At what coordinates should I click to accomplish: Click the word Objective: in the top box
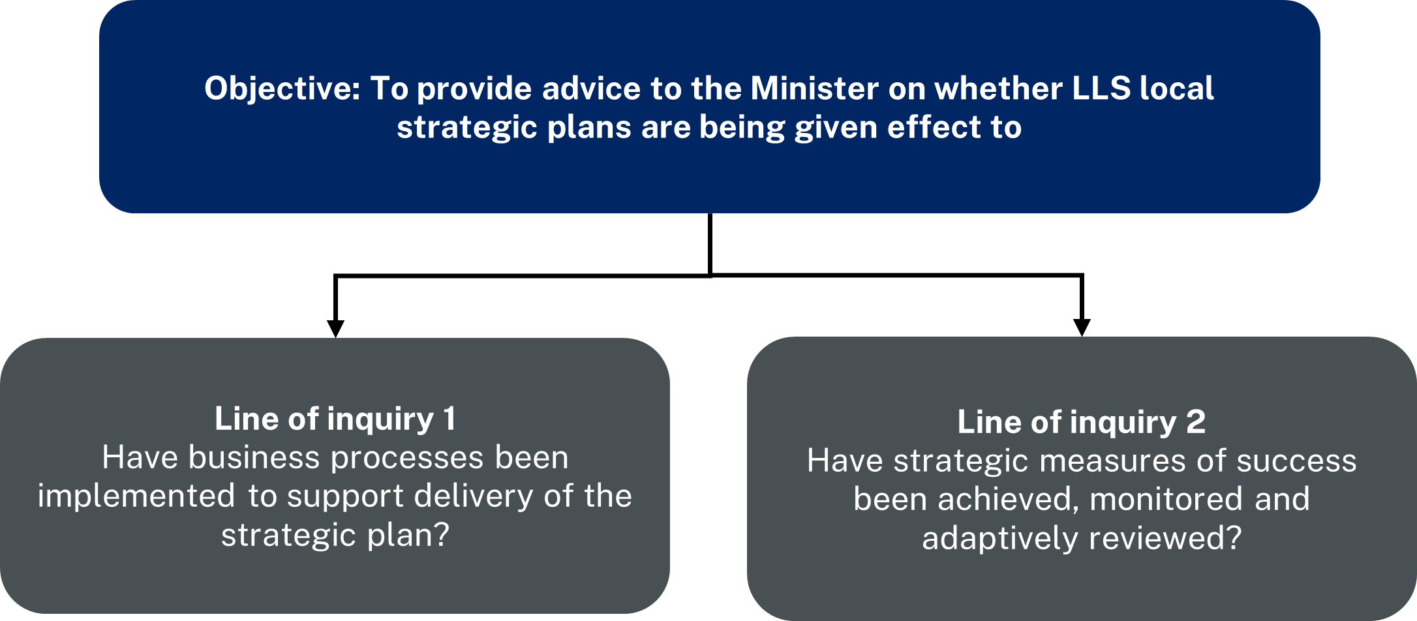click(x=282, y=89)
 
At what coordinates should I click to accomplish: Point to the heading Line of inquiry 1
click(x=335, y=419)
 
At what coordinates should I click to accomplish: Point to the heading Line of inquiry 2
click(x=1081, y=422)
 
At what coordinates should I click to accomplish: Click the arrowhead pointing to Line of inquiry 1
click(x=335, y=329)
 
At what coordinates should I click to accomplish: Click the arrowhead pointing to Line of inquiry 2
click(x=1082, y=328)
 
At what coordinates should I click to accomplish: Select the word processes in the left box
click(x=408, y=459)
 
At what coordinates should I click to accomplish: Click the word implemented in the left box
click(x=136, y=496)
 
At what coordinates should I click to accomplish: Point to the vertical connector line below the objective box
click(x=710, y=245)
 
